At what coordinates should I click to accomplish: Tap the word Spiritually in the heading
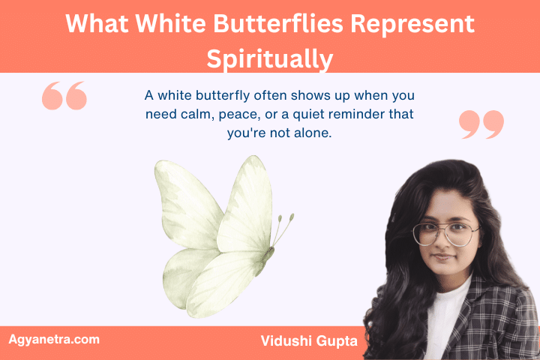269,58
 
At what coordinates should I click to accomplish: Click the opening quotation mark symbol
64,95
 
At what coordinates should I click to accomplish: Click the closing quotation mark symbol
481,124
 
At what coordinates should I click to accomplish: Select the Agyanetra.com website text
54,339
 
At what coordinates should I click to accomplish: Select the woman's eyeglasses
445,233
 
